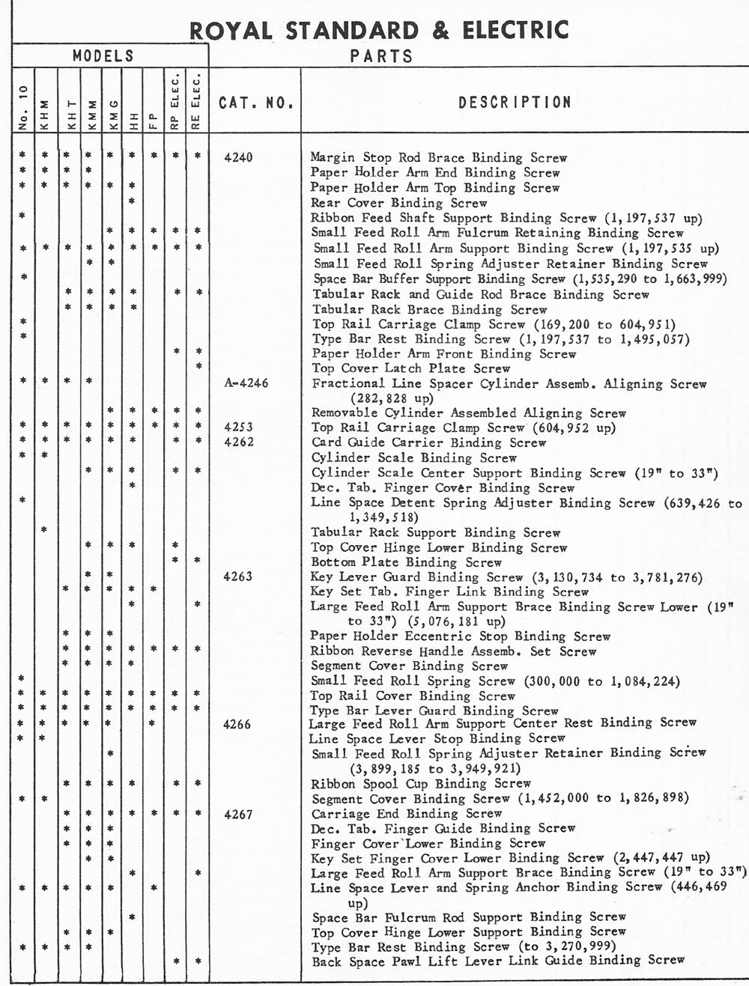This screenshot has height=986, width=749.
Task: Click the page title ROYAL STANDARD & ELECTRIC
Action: (x=379, y=30)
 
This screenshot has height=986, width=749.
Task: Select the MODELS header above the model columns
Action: (x=103, y=56)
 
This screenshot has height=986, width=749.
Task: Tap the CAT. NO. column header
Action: (x=255, y=103)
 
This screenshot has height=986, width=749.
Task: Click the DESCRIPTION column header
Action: (x=515, y=103)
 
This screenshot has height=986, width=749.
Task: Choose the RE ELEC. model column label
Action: (x=197, y=102)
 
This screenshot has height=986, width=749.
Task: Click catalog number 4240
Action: (x=239, y=157)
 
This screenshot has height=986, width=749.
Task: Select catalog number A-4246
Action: (x=246, y=383)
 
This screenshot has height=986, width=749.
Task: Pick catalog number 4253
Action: (x=239, y=427)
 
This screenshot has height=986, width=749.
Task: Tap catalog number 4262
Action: (x=239, y=442)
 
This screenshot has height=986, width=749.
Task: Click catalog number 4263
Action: (x=239, y=576)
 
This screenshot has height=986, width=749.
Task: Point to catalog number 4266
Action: (x=239, y=724)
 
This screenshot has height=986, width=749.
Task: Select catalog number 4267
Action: (x=239, y=814)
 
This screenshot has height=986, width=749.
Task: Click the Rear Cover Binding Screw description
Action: (x=399, y=203)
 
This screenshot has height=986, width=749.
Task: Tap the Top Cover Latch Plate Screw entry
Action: (x=411, y=368)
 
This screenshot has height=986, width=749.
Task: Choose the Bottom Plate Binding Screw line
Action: (x=407, y=562)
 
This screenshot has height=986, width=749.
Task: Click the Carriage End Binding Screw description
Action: (x=407, y=814)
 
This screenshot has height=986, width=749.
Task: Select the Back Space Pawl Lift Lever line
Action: (x=498, y=961)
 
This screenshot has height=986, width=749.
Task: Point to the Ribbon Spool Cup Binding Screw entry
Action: (x=421, y=784)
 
